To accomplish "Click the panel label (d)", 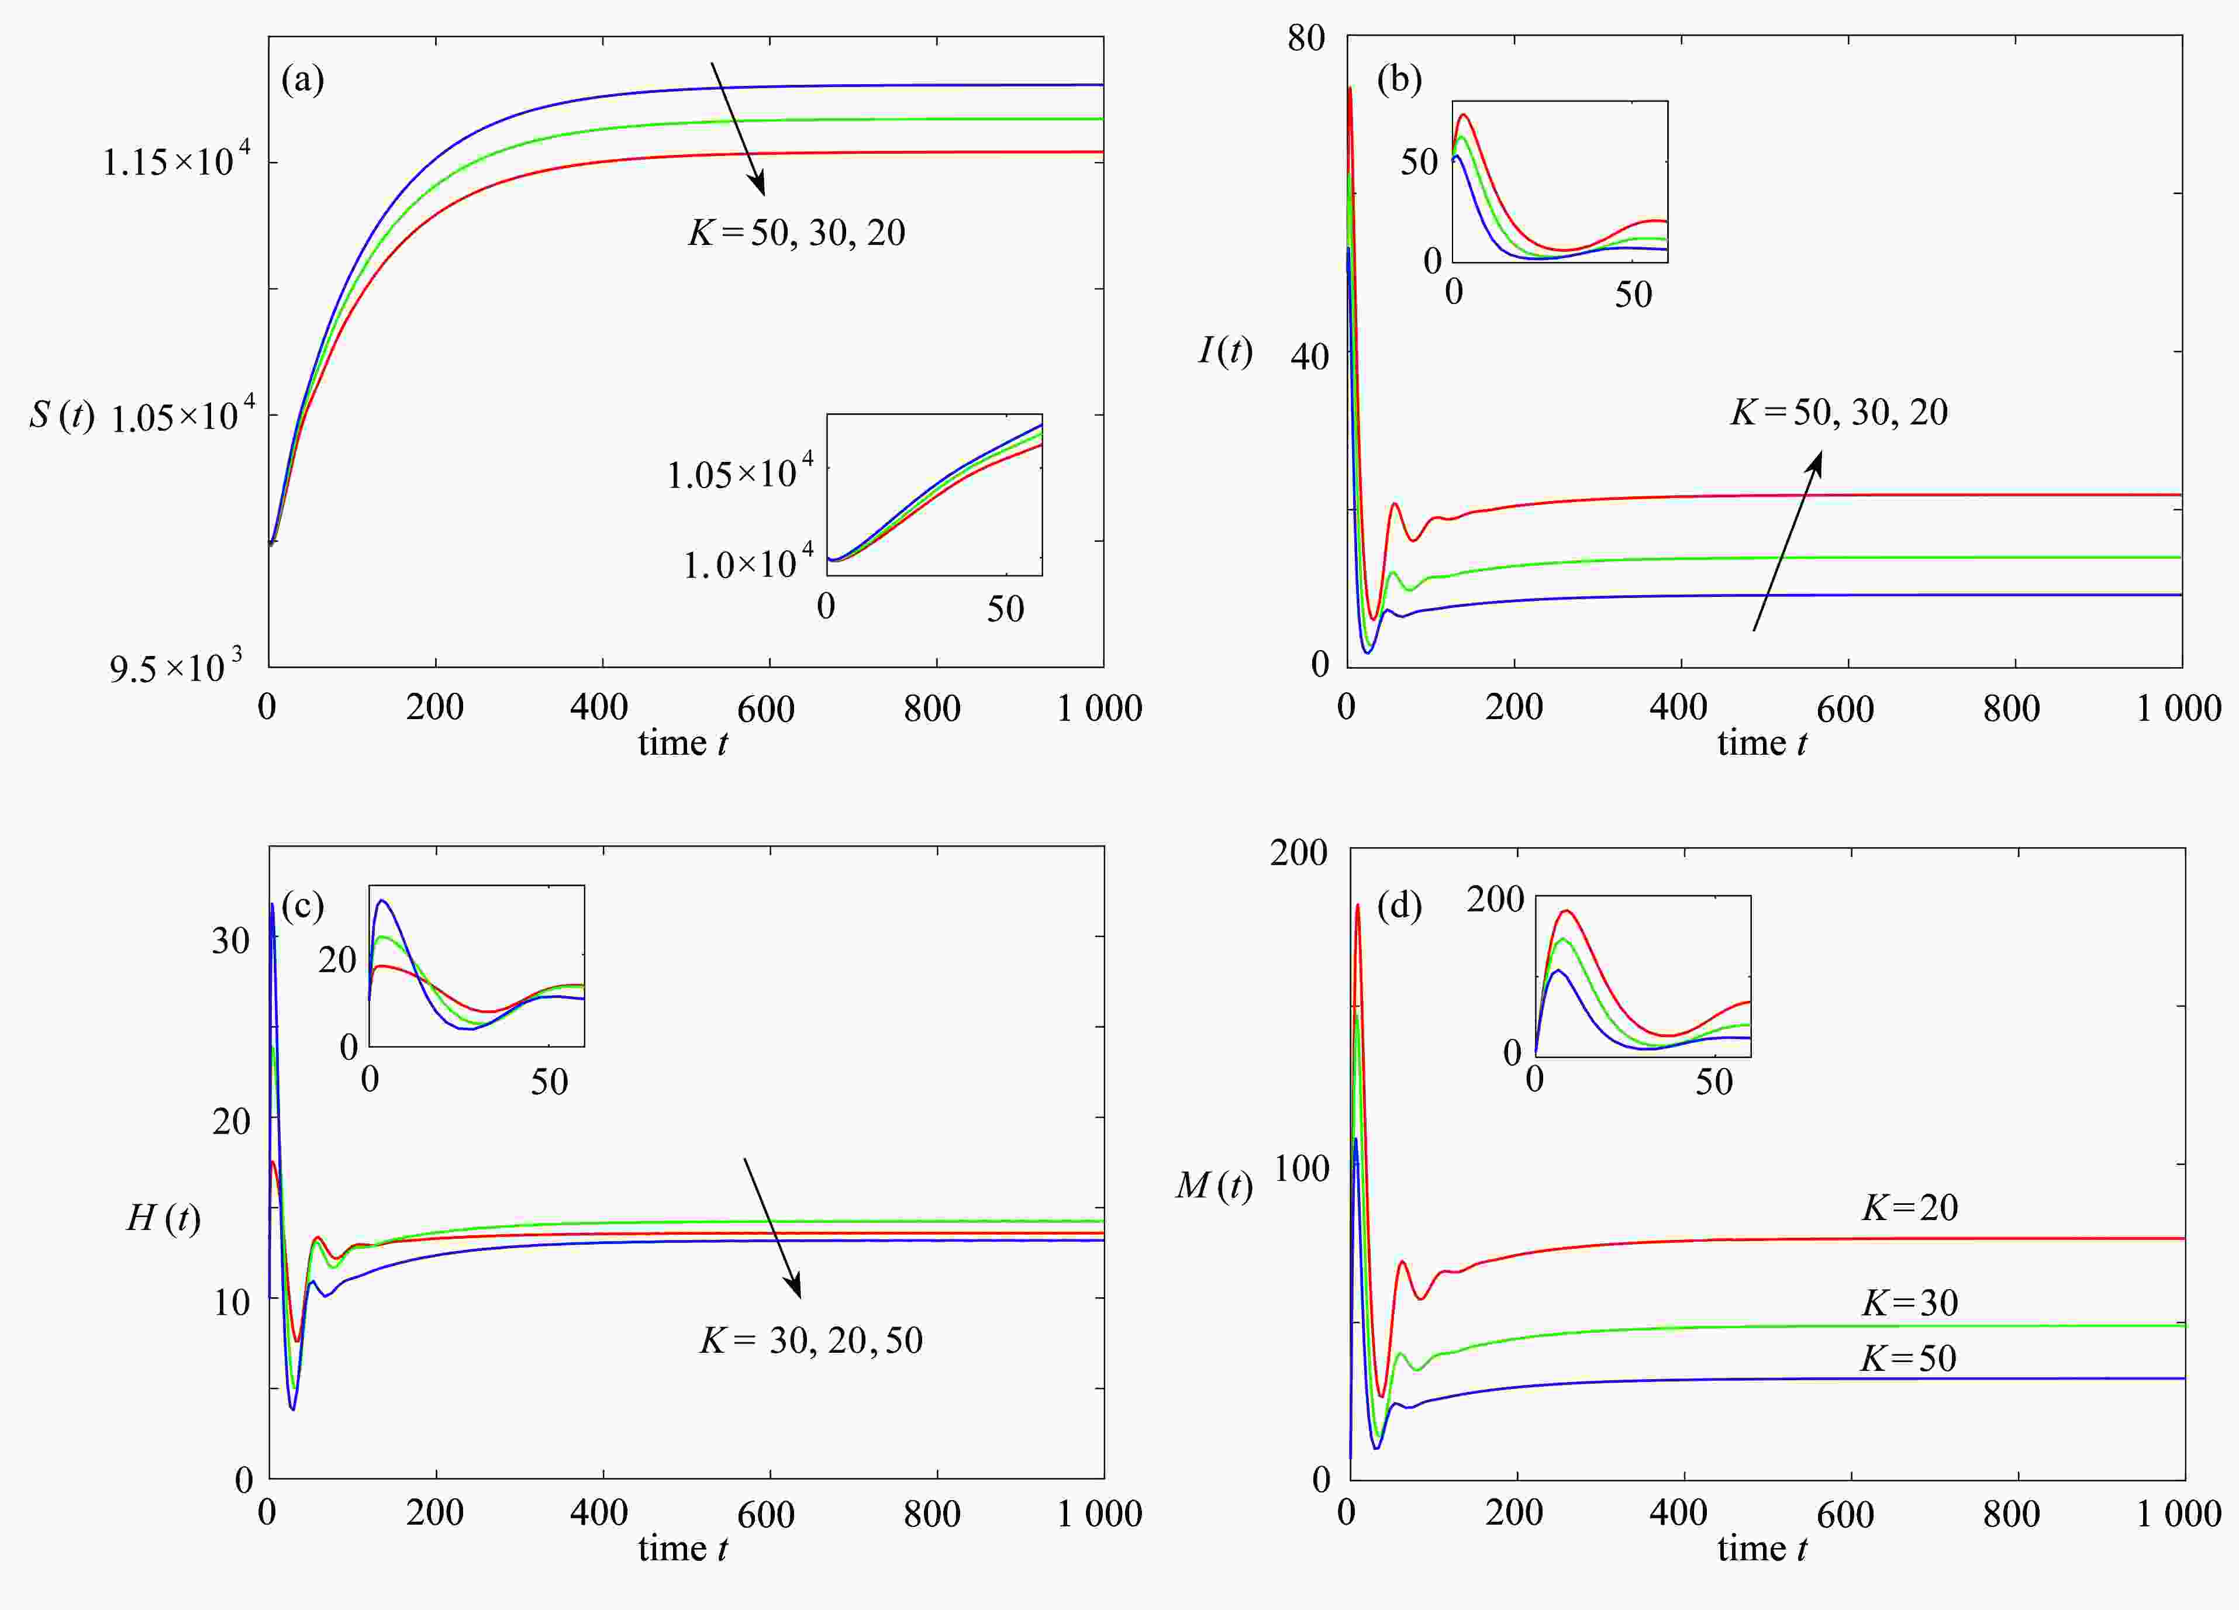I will coord(1399,905).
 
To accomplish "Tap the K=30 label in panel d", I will coord(1909,1303).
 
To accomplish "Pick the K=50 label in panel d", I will coord(1907,1358).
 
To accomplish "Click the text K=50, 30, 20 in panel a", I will coord(796,233).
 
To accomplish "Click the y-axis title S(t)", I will coord(61,414).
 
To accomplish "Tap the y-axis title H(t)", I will coord(163,1218).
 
